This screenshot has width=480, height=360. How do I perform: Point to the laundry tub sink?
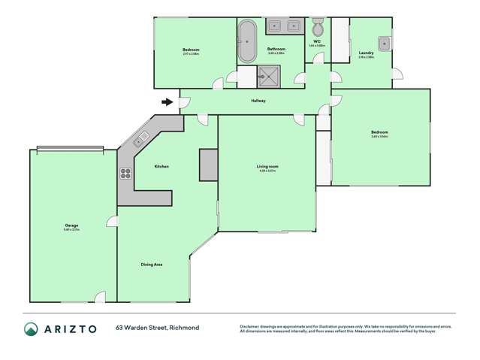tap(384, 42)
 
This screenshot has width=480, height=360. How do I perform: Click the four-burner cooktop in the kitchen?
tap(125, 173)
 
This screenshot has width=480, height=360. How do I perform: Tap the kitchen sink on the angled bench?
tap(141, 138)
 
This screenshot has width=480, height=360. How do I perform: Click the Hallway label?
tap(258, 101)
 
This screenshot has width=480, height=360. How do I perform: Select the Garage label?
tap(71, 225)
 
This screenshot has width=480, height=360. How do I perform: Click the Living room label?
tap(267, 166)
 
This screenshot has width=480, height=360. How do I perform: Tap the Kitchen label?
tap(162, 166)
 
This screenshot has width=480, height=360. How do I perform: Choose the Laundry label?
tap(367, 53)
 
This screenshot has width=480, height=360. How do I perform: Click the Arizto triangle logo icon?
tap(31, 329)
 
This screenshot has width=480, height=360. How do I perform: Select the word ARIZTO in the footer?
tap(70, 329)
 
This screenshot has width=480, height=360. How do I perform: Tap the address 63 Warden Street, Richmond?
tap(156, 328)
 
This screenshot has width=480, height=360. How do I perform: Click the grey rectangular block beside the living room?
tap(208, 165)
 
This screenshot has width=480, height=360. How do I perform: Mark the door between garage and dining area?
tap(112, 220)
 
